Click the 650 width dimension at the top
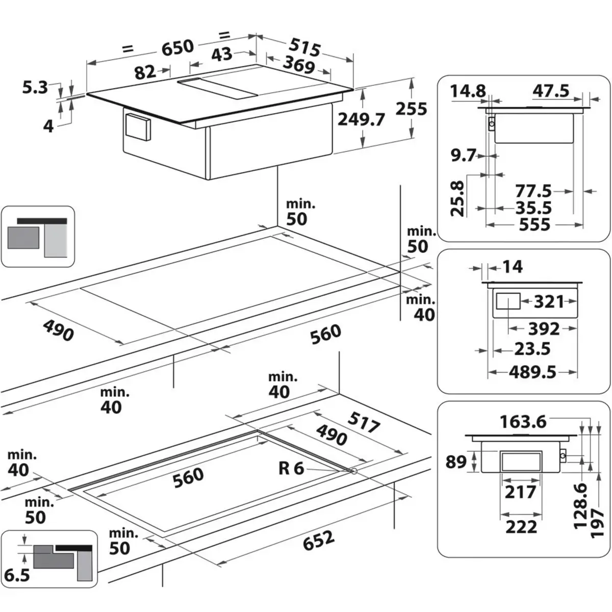point(177,47)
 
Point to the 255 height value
point(411,109)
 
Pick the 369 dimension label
point(298,65)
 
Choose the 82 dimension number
point(145,72)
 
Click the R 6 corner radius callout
point(291,468)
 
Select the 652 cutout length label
point(319,541)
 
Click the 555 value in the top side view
point(534,224)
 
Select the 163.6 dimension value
point(523,422)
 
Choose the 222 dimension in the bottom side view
point(521,526)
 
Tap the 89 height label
point(456,462)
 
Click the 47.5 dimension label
point(551,91)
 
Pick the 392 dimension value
point(544,328)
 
